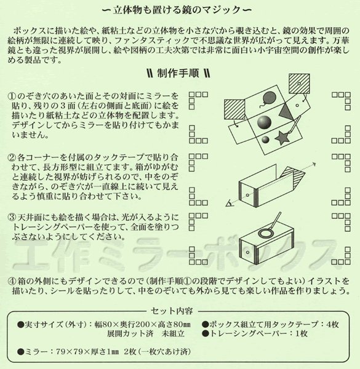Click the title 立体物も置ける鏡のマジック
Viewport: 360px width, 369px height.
(x=179, y=10)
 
